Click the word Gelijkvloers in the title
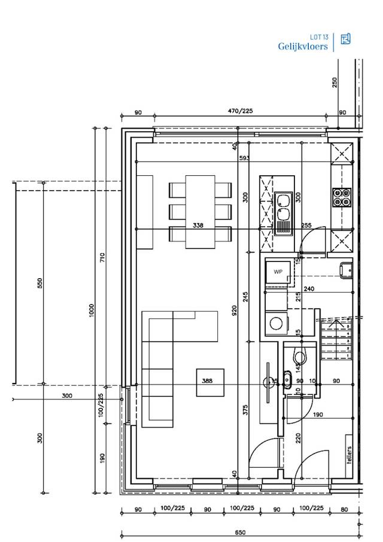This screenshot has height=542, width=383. (303, 46)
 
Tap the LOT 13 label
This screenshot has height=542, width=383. (318, 36)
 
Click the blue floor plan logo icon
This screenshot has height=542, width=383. (345, 39)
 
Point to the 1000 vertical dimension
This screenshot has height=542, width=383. (92, 310)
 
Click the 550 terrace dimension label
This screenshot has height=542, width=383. (40, 284)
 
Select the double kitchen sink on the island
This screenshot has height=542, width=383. (282, 206)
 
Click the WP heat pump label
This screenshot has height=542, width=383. (278, 272)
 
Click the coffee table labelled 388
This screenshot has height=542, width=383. (207, 380)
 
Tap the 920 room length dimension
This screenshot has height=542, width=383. (235, 310)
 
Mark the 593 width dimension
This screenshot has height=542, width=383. (243, 158)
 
